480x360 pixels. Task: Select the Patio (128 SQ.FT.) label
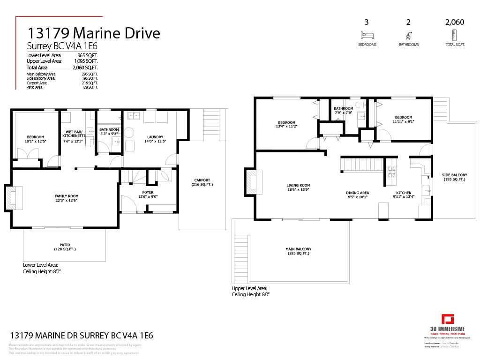[65, 247]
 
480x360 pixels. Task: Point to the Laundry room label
[156, 137]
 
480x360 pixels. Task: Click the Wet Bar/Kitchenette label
[73, 134]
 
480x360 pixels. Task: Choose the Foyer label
[149, 192]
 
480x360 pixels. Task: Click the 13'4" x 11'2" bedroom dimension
[286, 126]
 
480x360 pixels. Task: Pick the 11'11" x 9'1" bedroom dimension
[404, 121]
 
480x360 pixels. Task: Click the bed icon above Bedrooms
[367, 35]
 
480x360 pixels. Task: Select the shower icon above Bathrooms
[408, 35]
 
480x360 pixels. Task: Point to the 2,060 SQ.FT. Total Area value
[85, 67]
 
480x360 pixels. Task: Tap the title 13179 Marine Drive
[94, 33]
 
